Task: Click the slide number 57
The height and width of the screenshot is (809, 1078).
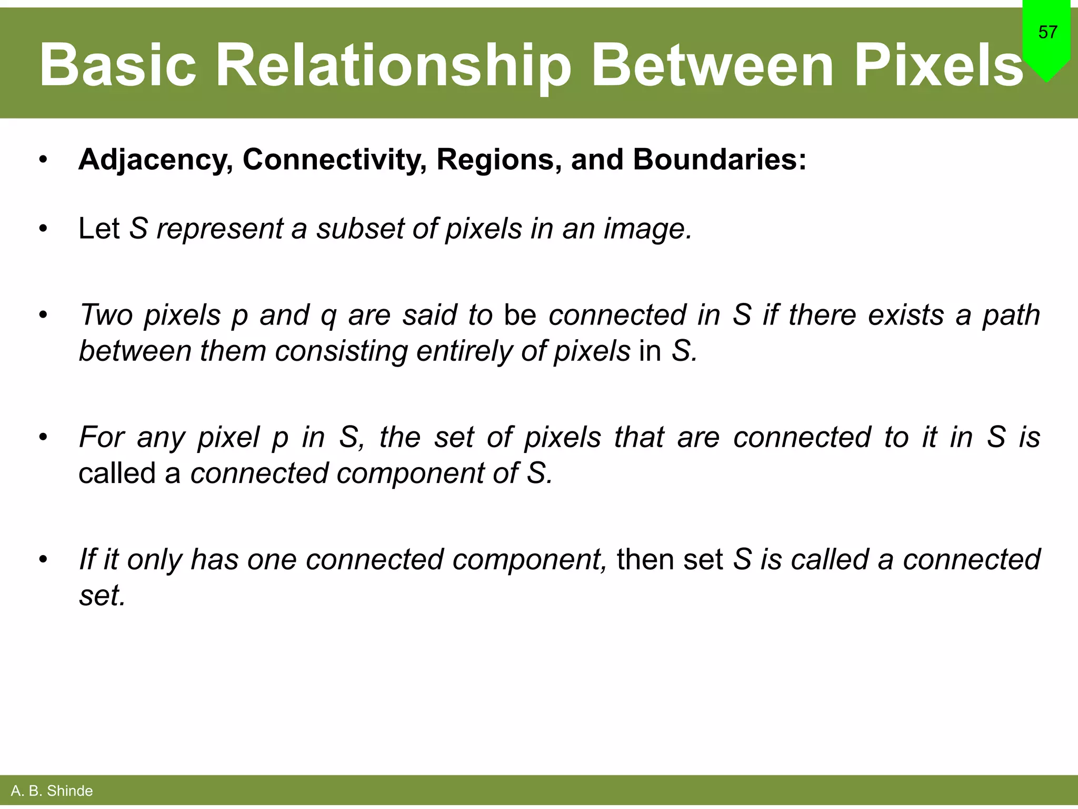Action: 1047,33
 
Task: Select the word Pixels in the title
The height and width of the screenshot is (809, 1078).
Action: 938,65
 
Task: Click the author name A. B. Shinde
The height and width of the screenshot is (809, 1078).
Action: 52,791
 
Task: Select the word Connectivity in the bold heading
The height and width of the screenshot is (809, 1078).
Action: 334,159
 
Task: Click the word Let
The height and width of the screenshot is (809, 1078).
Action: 99,229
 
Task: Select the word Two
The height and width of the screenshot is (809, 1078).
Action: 106,315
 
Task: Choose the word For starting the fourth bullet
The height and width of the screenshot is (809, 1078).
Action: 102,437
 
